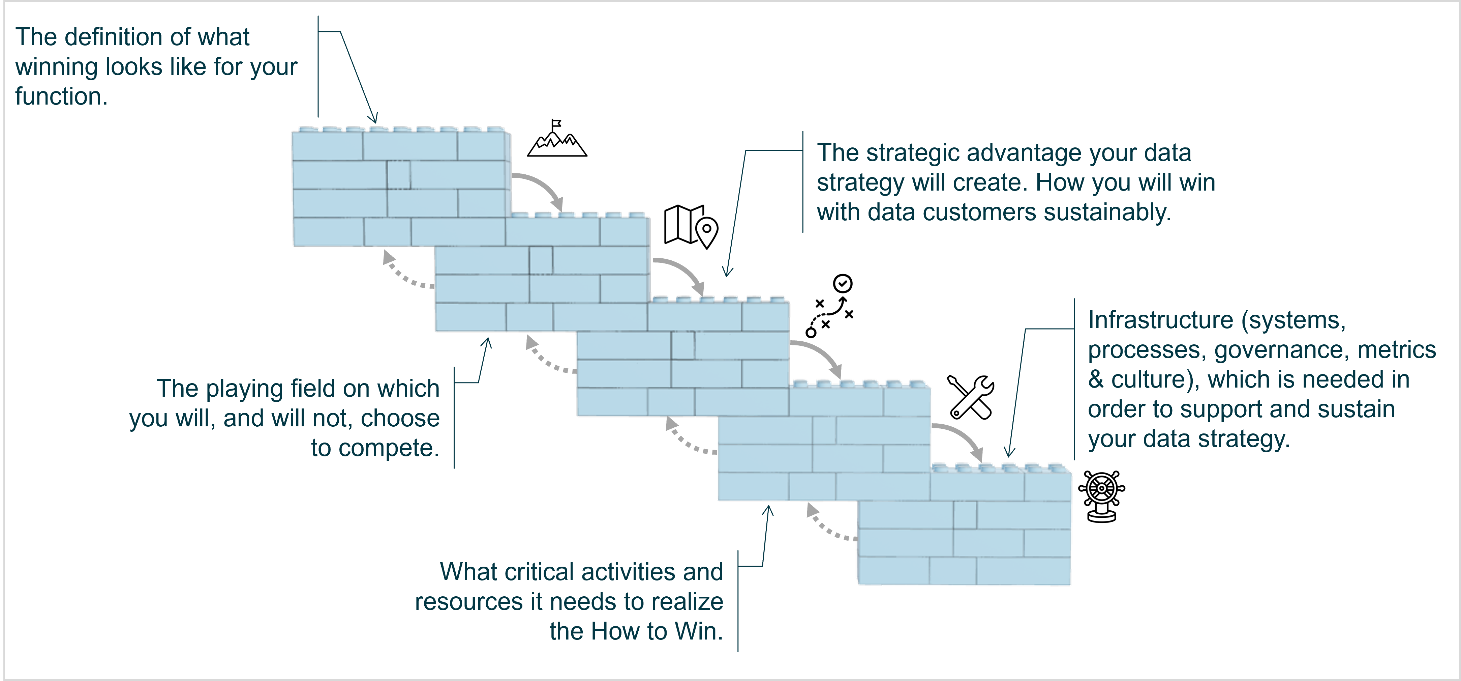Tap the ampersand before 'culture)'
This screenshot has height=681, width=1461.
pyautogui.click(x=1096, y=380)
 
